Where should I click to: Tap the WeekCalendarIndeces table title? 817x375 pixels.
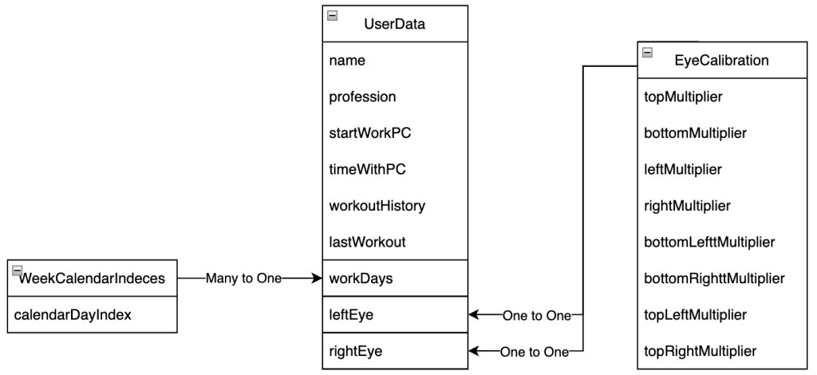coord(92,278)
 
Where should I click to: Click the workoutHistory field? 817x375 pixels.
coord(377,206)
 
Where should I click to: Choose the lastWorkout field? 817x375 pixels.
coord(364,243)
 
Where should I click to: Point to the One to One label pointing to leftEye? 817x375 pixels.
coord(536,315)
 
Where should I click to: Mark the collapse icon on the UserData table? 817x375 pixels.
coord(333,15)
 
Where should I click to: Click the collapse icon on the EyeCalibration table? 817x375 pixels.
coord(647,52)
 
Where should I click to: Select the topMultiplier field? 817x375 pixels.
coord(683,97)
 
